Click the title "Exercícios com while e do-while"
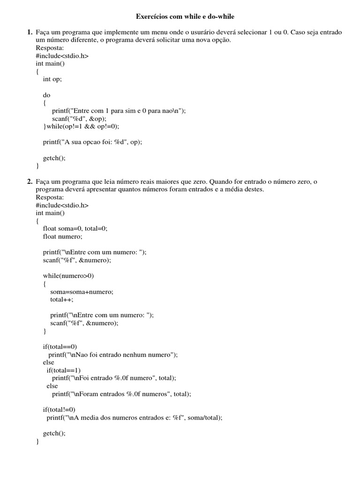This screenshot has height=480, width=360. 185,17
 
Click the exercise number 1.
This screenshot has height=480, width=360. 29,32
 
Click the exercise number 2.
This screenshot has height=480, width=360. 29,181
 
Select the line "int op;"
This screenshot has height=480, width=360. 52,79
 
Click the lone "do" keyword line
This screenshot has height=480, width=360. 46,95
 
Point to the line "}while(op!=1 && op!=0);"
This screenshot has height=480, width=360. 81,126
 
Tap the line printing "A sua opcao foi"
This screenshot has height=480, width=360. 92,142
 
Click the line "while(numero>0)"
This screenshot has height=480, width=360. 68,276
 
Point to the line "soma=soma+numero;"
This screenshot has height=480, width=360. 82,292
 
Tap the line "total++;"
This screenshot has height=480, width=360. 62,300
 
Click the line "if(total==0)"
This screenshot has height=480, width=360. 60,347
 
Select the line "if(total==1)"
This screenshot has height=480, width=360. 63,370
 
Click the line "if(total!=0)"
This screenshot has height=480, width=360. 59,410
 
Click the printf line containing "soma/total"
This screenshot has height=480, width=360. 134,418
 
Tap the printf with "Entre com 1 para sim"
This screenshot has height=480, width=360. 119,111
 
